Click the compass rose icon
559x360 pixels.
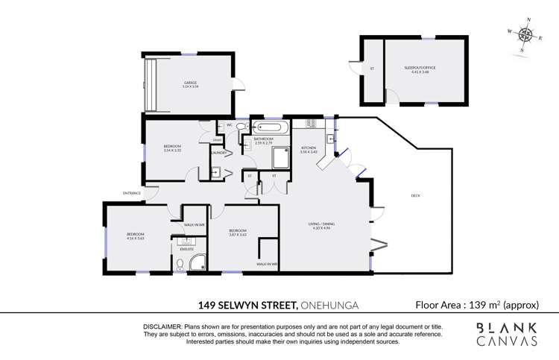(526, 34)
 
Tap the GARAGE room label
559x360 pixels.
(190, 83)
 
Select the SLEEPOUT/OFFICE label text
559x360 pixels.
(420, 68)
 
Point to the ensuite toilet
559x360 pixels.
(180, 263)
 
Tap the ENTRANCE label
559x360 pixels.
(132, 194)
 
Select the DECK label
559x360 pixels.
(415, 196)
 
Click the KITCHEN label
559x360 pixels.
(309, 148)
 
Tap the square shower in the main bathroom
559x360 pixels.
(280, 158)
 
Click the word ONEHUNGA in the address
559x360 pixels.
(332, 304)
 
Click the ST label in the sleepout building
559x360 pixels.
(371, 69)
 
